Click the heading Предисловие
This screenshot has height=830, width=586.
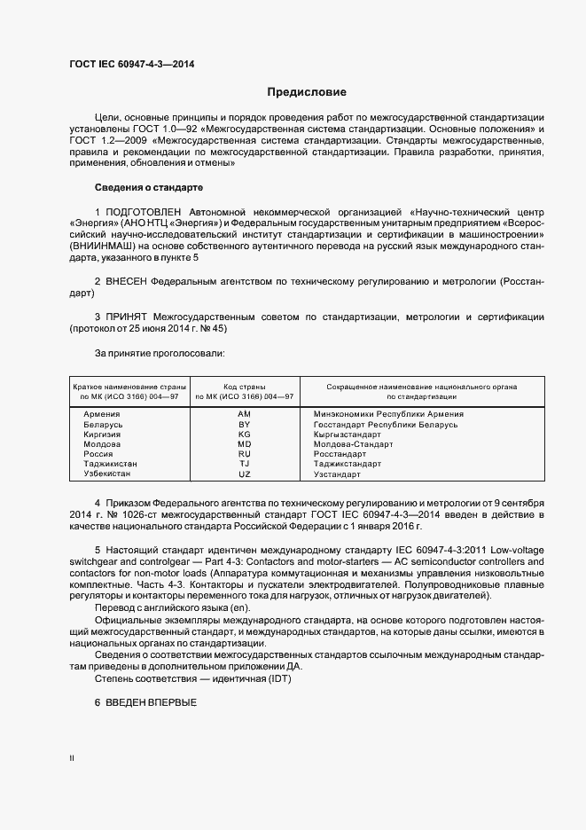point(308,92)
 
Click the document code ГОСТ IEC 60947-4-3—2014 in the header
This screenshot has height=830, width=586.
point(131,65)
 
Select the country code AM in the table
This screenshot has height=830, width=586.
point(245,414)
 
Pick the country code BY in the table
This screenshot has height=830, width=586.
point(245,425)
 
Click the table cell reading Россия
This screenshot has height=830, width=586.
point(98,454)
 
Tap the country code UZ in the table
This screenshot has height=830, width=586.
point(245,474)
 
